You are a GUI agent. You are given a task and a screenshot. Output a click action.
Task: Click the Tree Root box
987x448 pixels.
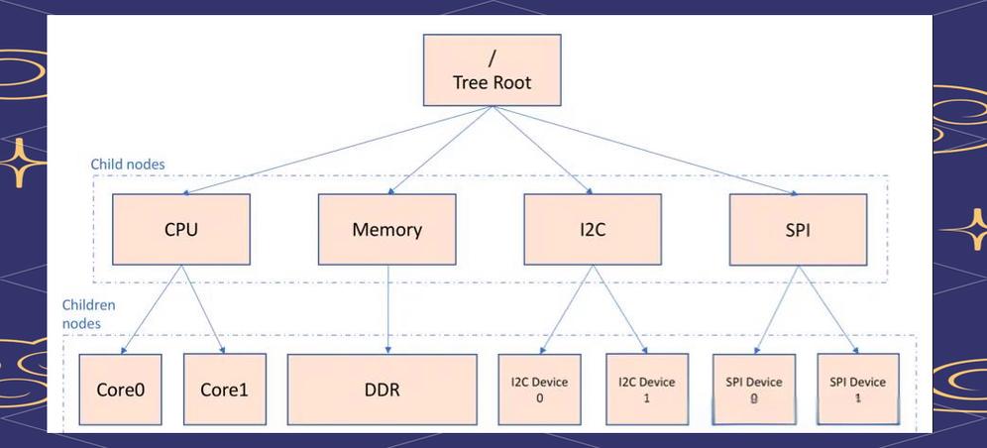point(492,70)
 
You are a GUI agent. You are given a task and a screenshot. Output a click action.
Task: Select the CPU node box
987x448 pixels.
point(180,229)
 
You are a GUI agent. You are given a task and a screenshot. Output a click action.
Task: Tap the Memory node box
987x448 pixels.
point(386,229)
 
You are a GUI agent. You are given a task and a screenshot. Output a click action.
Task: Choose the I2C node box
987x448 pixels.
point(593,229)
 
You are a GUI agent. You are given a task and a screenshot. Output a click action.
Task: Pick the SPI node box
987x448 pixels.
point(798,229)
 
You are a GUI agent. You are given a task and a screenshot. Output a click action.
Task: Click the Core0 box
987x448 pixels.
point(121,390)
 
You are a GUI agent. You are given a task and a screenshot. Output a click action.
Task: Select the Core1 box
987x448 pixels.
point(225,390)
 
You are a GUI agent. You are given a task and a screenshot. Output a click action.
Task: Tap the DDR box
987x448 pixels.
point(382,390)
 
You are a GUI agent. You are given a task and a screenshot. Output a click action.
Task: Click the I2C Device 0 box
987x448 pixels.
point(539,390)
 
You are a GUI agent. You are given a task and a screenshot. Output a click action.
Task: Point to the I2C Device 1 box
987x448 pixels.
point(646,390)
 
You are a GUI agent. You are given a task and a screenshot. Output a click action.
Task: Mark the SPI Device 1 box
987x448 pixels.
point(858,390)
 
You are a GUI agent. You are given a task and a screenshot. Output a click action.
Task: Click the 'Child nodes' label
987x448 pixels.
point(128,164)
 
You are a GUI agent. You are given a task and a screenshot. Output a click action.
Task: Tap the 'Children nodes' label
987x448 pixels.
point(89,314)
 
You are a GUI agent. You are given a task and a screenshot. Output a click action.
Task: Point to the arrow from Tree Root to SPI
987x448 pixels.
point(644,150)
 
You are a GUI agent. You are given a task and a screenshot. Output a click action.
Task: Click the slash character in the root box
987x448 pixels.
point(492,57)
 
